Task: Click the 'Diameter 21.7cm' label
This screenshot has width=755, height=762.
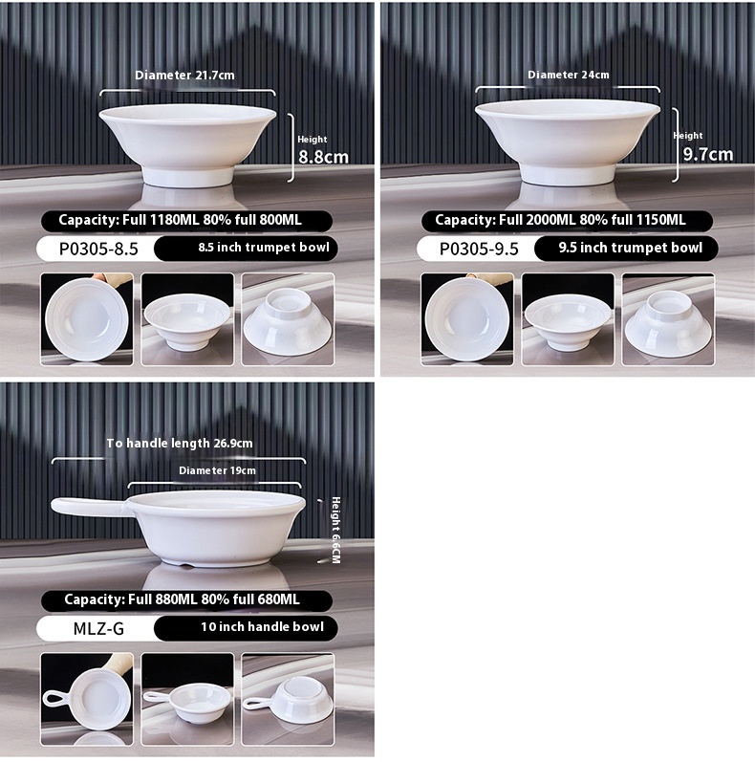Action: click(184, 76)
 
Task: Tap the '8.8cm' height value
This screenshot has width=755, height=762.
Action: click(323, 157)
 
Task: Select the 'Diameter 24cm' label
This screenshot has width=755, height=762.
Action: click(568, 75)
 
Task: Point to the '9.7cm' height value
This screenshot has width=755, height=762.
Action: click(708, 154)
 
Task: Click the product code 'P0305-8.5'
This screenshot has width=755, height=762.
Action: click(98, 249)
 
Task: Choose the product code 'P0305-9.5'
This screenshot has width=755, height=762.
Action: click(479, 249)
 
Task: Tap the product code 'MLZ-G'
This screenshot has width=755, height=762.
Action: click(98, 628)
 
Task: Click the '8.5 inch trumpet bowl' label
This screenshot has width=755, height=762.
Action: click(264, 248)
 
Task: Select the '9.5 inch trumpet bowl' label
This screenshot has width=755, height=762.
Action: click(630, 248)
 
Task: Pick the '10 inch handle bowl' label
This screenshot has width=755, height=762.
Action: click(263, 627)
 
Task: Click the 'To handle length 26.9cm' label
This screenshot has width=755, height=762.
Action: click(180, 444)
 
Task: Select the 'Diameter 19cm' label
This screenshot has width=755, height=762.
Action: click(217, 470)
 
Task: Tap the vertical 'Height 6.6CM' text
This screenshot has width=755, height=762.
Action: click(335, 530)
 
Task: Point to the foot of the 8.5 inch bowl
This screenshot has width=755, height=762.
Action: click(187, 177)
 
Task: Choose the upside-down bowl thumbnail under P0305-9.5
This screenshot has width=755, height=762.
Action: click(668, 319)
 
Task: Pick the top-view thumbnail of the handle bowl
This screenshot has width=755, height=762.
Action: click(86, 699)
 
